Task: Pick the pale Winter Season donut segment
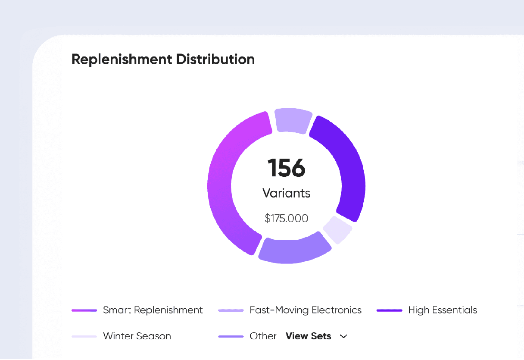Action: point(337,230)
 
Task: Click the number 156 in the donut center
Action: point(286,168)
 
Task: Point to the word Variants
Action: point(286,193)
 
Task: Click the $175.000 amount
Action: point(286,219)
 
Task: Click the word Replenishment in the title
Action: point(122,59)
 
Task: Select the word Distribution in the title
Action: point(215,59)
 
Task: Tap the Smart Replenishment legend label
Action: point(153,310)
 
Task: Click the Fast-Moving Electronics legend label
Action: point(306,310)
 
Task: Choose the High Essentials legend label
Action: point(443,310)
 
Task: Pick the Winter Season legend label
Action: point(137,336)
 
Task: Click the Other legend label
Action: point(263,336)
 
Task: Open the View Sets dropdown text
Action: point(308,336)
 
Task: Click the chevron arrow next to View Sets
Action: point(343,337)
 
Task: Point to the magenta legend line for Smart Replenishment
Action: point(84,310)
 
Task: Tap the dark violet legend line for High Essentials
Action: point(389,310)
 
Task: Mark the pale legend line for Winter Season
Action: point(84,337)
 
